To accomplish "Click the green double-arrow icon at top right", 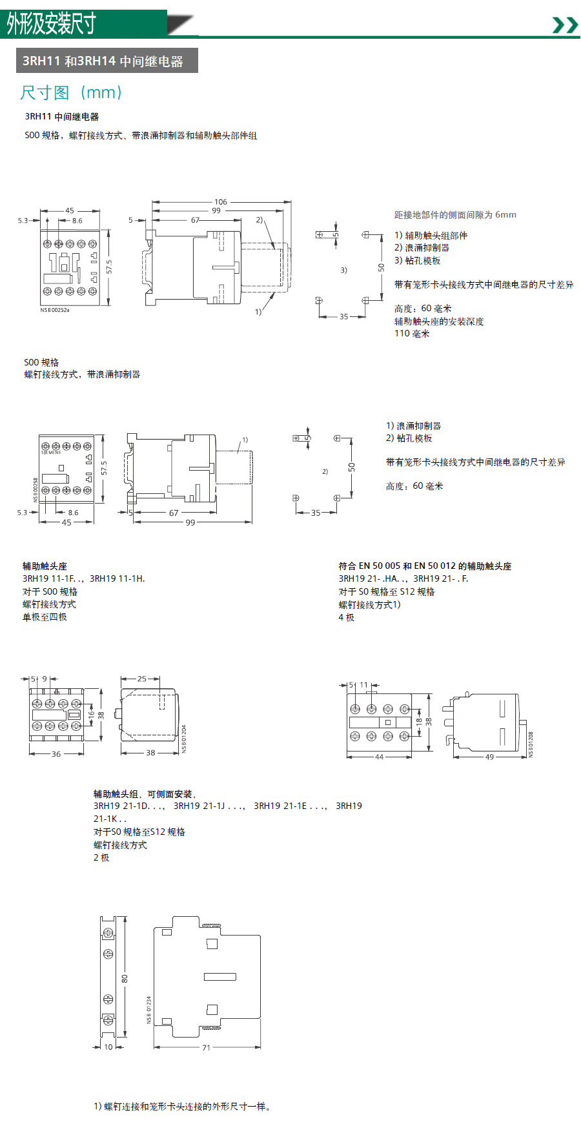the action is pyautogui.click(x=566, y=25).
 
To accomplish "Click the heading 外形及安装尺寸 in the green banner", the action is pyautogui.click(x=51, y=24).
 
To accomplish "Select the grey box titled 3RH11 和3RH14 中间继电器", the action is pyautogui.click(x=107, y=61).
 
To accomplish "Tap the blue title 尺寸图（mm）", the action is pyautogui.click(x=71, y=93).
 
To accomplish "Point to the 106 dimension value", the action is pyautogui.click(x=221, y=202).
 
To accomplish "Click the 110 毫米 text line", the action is pyautogui.click(x=412, y=334).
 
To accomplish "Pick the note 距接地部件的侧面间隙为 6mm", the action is pyautogui.click(x=455, y=215).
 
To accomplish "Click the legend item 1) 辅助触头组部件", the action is pyautogui.click(x=431, y=236).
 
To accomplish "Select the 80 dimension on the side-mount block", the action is pyautogui.click(x=125, y=979).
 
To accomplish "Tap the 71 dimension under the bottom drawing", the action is pyautogui.click(x=207, y=1048).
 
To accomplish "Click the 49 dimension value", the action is pyautogui.click(x=489, y=757).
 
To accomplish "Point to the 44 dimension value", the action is pyautogui.click(x=379, y=757).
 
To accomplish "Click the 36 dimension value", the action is pyautogui.click(x=56, y=754).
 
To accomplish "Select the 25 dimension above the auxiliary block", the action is pyautogui.click(x=142, y=679).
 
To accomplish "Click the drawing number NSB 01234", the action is pyautogui.click(x=148, y=1010).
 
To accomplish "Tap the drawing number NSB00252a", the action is pyautogui.click(x=55, y=310).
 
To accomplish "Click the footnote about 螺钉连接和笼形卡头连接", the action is pyautogui.click(x=182, y=1107).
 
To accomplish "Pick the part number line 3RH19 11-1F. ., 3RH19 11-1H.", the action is pyautogui.click(x=84, y=578).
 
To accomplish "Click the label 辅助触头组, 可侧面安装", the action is pyautogui.click(x=145, y=794).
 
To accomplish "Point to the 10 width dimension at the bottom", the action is pyautogui.click(x=108, y=1047).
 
